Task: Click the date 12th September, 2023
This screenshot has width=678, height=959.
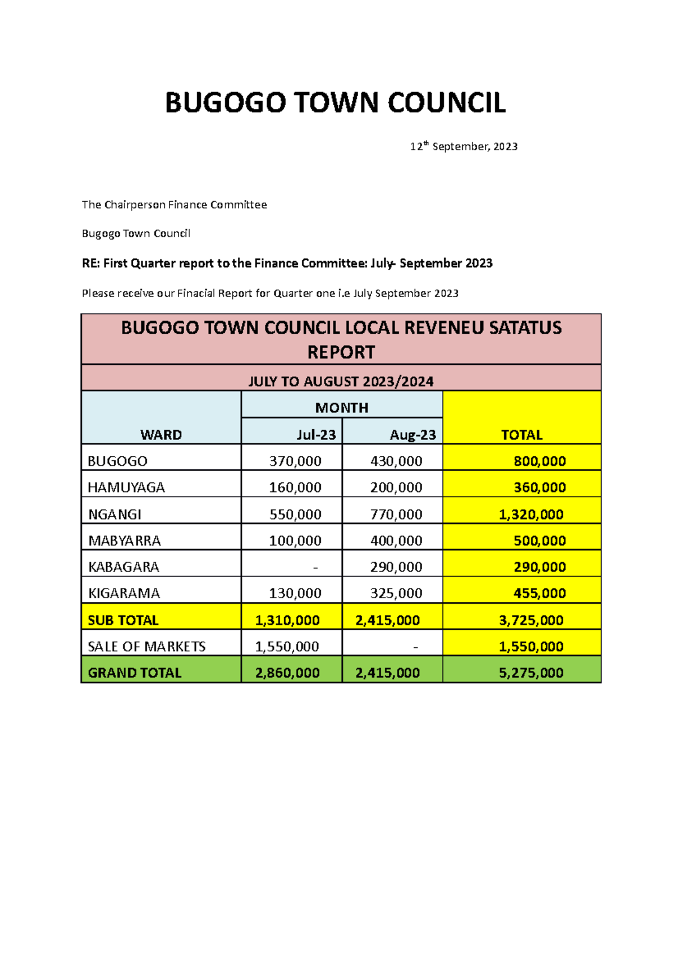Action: [463, 147]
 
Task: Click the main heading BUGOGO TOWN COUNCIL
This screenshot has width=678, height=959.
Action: [335, 103]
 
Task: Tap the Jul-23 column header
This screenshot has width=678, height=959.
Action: [316, 435]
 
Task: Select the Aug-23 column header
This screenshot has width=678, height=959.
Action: [412, 435]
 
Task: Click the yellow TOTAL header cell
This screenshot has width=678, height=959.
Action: [521, 435]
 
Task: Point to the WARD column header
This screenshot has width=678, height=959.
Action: [161, 435]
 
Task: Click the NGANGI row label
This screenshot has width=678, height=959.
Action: [115, 515]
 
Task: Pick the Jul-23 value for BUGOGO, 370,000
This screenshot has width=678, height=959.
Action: [295, 461]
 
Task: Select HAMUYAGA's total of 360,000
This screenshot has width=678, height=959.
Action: [539, 487]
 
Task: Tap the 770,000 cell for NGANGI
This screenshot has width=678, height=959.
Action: [396, 515]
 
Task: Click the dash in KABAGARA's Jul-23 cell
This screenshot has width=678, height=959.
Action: [315, 567]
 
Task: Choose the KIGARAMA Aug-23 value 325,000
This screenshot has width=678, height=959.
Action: [396, 594]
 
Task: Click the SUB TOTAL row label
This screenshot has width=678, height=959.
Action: [123, 621]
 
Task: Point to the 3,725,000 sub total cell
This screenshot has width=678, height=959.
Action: [531, 621]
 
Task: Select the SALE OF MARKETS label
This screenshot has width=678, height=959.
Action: [146, 647]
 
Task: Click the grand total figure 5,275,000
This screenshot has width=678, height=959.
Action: [531, 673]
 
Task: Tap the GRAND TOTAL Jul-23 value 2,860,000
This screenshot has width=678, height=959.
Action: [287, 673]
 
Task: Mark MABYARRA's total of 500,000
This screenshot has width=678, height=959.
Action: [539, 541]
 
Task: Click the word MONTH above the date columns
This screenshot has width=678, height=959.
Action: [341, 408]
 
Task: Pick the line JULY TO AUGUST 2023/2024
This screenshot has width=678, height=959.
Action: [341, 382]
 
